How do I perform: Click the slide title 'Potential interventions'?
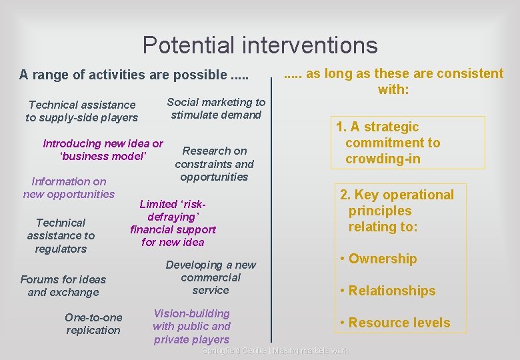click(260, 45)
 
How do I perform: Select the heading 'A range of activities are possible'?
click(133, 75)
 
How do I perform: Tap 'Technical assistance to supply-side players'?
click(82, 111)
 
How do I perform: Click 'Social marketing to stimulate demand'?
click(216, 108)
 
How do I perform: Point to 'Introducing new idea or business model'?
click(103, 150)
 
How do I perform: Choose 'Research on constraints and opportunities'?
click(214, 163)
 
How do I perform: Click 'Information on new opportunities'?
click(69, 187)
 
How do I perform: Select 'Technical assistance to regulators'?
click(61, 235)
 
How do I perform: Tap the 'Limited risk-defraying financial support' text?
click(173, 223)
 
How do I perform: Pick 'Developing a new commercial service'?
click(211, 277)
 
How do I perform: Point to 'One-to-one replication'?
click(93, 323)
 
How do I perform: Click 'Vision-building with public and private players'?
click(191, 326)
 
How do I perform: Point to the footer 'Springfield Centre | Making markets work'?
click(275, 351)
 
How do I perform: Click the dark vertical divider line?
click(271, 213)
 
